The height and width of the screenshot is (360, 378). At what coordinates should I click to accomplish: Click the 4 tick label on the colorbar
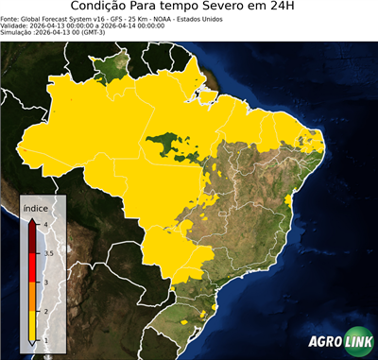coord(45,224)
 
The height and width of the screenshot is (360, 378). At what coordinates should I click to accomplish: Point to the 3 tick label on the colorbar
coord(45,282)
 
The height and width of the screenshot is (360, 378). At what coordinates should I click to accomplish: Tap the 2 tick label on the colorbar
coord(45,311)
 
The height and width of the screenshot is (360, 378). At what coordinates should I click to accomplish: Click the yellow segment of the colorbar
coord(33,326)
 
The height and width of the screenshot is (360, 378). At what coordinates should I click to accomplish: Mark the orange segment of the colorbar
coord(33,297)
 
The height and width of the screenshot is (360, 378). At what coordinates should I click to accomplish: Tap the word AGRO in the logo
coord(324,342)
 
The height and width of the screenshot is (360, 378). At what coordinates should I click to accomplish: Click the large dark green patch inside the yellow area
coord(168,144)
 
